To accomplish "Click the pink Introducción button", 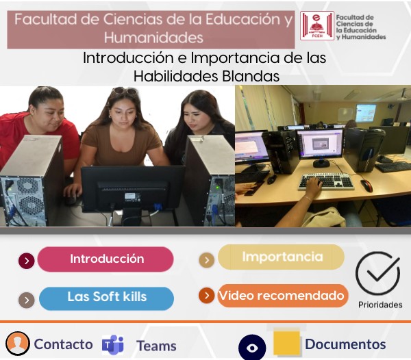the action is [105, 259].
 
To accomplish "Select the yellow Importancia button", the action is [281, 257].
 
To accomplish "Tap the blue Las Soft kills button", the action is [106, 298].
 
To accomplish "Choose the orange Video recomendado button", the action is [283, 296].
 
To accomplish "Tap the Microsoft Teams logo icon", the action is [113, 344].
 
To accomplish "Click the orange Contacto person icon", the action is [18, 344].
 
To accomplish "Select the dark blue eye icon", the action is [252, 348].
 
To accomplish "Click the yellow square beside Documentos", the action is [286, 344].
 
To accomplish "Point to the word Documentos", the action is [345, 344].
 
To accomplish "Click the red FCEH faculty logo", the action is [317, 25].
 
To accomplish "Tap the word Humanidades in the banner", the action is [153, 38].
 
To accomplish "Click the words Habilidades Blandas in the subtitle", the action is [207, 77].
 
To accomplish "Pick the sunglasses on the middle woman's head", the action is [125, 91].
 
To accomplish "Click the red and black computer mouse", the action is [366, 185].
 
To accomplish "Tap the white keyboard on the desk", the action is [326, 181].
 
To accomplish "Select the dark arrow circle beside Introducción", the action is [27, 261].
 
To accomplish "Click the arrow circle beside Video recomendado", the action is [207, 296].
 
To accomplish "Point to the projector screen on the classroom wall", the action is [366, 113].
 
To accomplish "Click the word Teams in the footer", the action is [156, 346].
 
